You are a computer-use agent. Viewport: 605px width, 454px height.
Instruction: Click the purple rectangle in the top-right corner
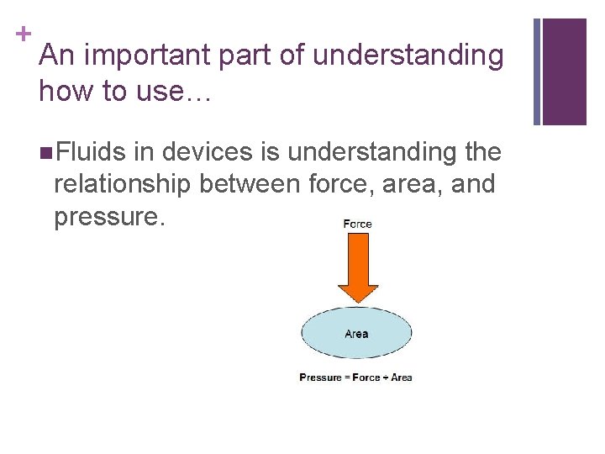(565, 71)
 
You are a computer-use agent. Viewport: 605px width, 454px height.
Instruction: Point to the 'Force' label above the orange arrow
(357, 224)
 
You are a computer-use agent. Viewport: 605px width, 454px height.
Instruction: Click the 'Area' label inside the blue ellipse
(356, 334)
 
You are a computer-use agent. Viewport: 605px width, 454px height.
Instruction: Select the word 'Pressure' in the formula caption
(320, 377)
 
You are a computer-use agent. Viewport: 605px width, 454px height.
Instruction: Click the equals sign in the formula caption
(346, 377)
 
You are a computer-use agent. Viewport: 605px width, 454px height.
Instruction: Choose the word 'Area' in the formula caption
(402, 377)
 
